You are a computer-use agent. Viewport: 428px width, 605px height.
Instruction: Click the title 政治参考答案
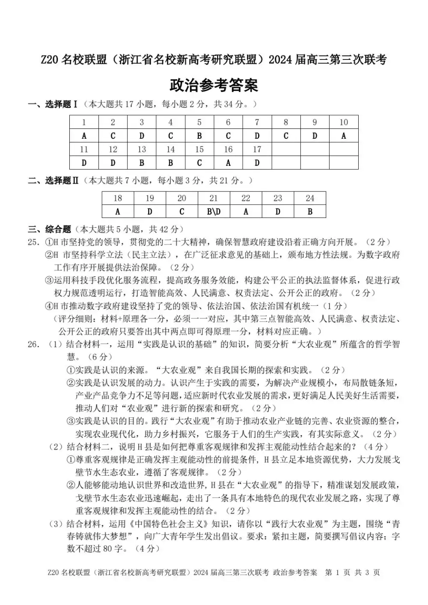point(214,85)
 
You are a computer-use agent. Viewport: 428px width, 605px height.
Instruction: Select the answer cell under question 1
point(84,136)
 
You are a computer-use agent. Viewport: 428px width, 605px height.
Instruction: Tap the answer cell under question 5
point(199,136)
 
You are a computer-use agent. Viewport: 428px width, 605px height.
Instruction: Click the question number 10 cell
point(344,122)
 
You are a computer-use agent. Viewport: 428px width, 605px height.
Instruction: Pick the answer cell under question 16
point(228,163)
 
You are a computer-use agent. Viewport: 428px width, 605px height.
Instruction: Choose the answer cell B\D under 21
point(214,212)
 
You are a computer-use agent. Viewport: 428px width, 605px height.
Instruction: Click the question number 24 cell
point(310,198)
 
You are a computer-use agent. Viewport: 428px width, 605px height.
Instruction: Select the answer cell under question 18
point(118,212)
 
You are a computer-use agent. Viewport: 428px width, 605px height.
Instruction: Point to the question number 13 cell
point(142,149)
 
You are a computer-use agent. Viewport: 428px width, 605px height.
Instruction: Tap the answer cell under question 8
point(286,136)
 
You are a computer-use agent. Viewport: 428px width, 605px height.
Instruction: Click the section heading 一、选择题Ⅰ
point(53,104)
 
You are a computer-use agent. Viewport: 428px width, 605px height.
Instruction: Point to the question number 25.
point(34,242)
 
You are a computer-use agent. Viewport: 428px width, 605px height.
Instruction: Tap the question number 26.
point(34,344)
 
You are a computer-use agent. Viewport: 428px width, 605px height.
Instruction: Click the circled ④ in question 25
point(49,306)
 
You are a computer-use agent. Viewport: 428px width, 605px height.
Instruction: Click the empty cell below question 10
point(344,163)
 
